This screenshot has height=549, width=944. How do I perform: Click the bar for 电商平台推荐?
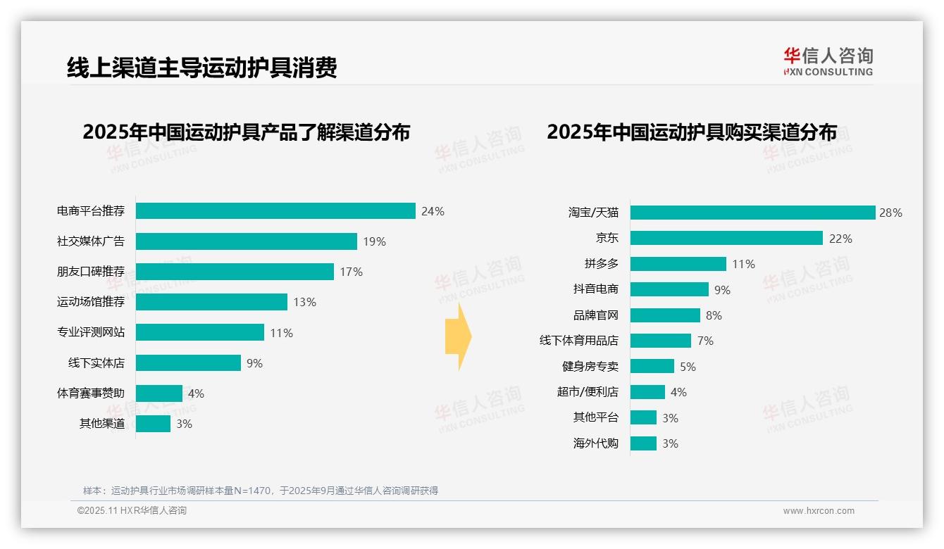point(275,211)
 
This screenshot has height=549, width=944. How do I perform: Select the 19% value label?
point(374,241)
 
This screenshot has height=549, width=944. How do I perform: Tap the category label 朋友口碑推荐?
point(90,272)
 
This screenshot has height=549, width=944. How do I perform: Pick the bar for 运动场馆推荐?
point(211,302)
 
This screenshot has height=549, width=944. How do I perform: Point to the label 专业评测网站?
point(90,332)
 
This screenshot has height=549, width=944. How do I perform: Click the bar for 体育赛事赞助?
point(159,393)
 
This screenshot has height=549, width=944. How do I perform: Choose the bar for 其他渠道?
point(153,424)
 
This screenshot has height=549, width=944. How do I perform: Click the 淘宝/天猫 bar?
point(752,213)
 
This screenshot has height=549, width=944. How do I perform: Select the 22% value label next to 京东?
point(840,239)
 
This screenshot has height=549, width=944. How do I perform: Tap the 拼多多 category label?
point(601,264)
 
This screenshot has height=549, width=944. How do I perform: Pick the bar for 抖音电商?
point(669,289)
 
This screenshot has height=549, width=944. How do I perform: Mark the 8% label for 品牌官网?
point(713,315)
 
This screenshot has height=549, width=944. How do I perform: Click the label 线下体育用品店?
point(578,341)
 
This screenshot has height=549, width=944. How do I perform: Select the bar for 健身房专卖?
point(652,366)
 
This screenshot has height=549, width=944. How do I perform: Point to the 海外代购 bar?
point(643,443)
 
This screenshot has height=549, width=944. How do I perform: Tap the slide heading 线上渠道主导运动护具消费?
point(201,67)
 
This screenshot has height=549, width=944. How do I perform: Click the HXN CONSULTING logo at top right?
point(828,62)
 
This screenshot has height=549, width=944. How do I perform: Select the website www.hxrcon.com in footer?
point(818,511)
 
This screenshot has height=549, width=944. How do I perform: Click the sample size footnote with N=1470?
point(260,491)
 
